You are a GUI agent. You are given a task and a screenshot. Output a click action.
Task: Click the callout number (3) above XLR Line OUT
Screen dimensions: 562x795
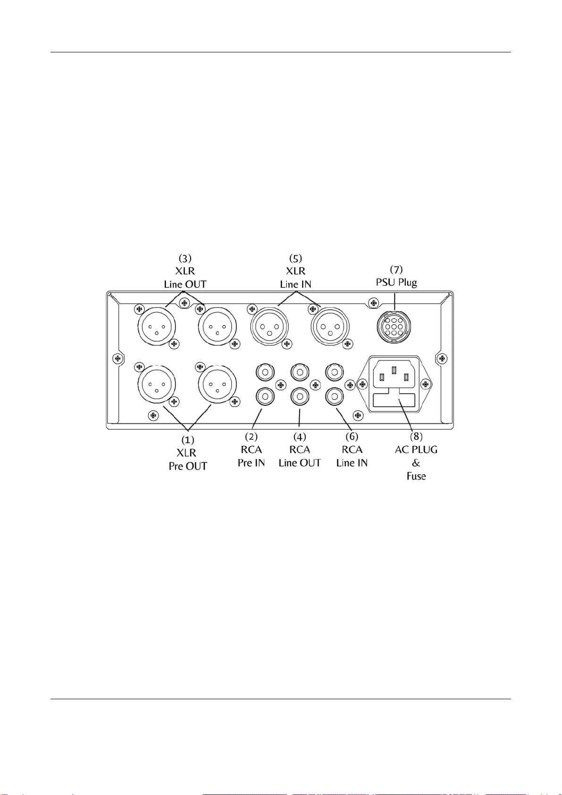185,258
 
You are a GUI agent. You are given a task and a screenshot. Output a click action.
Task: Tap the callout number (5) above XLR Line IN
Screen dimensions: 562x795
295,258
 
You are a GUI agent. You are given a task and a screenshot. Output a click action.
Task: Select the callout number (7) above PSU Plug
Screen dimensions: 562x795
396,269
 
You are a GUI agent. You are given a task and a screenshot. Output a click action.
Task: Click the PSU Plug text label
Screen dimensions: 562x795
396,283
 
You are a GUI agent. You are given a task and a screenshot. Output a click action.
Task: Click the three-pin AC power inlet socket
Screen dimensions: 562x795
394,375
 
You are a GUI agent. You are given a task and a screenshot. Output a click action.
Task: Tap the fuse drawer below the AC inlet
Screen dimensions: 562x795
394,402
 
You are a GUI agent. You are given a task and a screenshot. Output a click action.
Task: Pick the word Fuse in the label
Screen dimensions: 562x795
416,476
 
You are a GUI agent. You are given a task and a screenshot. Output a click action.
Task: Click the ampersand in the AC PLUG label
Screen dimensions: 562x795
416,463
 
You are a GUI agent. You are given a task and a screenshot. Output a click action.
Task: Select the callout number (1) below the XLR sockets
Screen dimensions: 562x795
188,440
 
